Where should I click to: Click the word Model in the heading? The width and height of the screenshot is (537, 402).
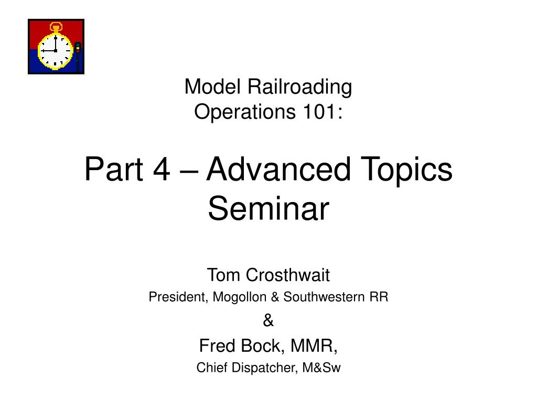pos(212,86)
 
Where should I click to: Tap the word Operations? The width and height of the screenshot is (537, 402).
pos(244,113)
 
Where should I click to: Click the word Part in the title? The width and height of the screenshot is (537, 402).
pos(114,169)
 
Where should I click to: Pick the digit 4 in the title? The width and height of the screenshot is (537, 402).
pos(162,169)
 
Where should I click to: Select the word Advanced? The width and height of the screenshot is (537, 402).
pos(278,169)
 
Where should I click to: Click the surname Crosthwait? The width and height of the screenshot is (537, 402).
pos(288,275)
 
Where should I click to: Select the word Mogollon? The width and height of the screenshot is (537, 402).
pos(239,297)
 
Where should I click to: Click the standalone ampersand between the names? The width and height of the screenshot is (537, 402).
pos(268,320)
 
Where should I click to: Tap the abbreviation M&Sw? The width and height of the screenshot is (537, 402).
pos(321,367)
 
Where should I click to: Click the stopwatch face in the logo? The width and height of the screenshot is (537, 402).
pos(55,51)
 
